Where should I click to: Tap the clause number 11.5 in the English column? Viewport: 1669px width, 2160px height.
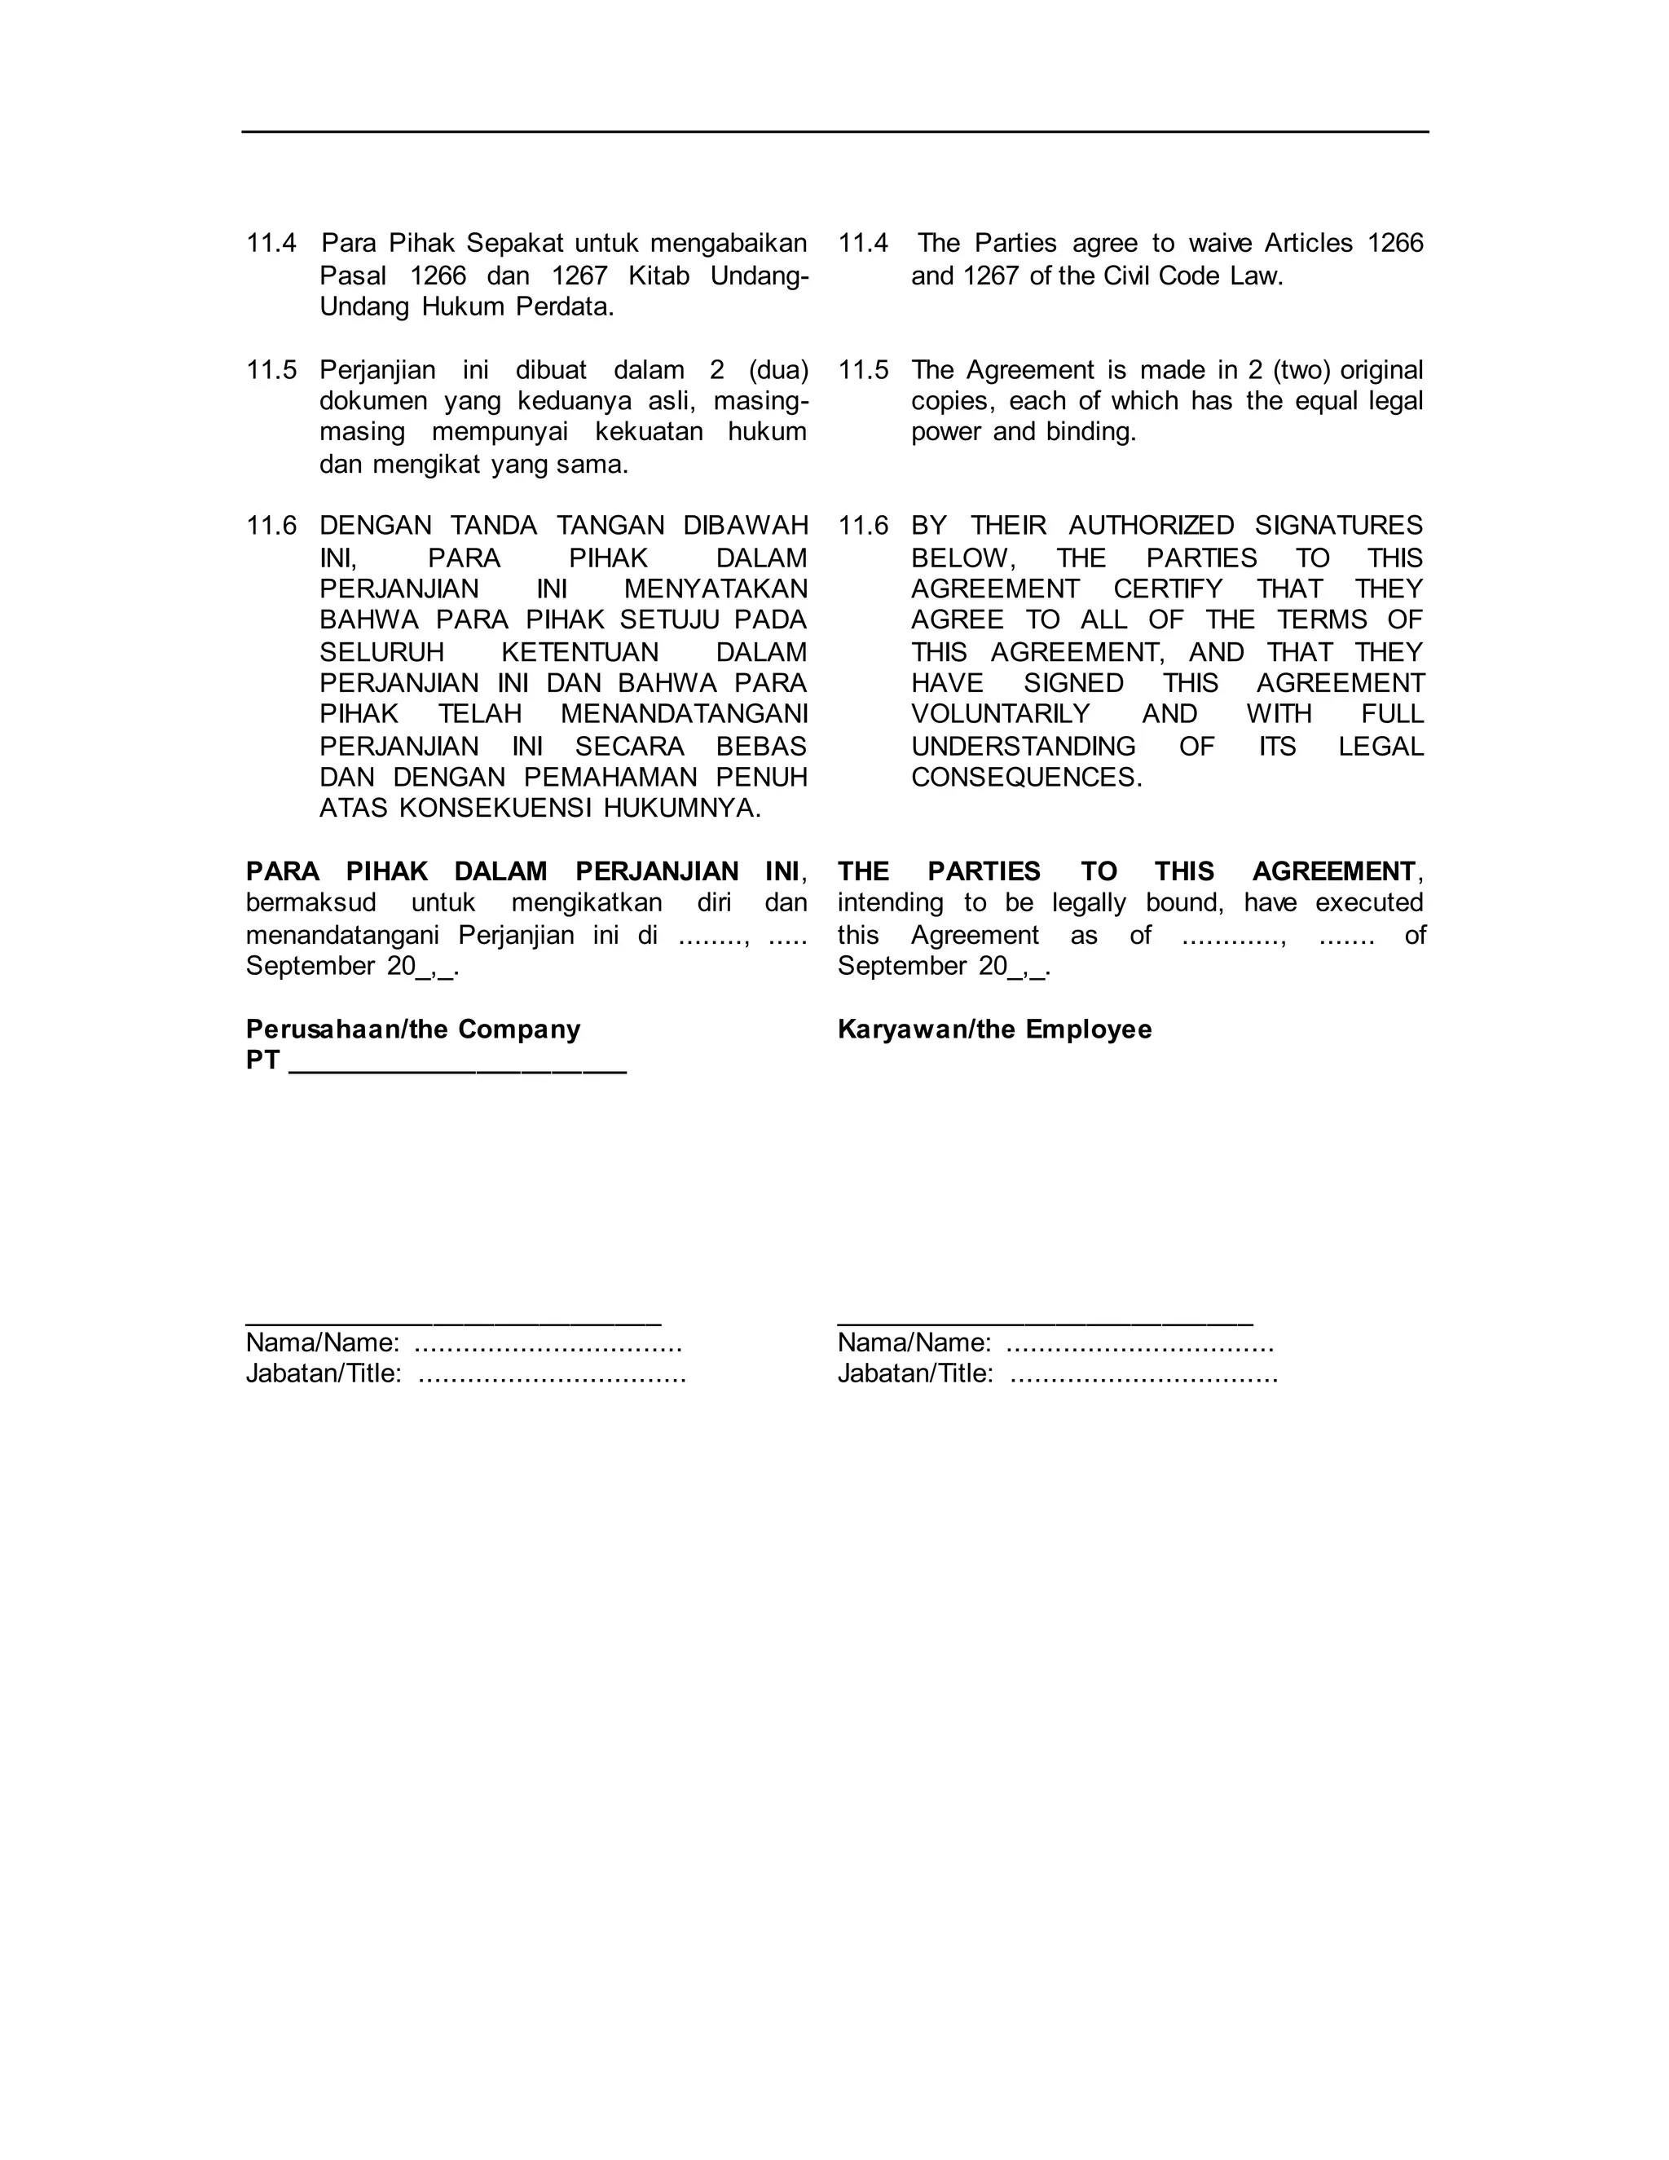click(x=862, y=371)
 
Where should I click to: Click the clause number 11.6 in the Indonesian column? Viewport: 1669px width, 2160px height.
click(x=271, y=527)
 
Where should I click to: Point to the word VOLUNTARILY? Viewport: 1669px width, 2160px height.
click(x=1000, y=714)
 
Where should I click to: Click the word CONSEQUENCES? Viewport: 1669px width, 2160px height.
click(x=1025, y=778)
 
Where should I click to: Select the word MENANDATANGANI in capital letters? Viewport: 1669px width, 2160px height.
click(x=683, y=714)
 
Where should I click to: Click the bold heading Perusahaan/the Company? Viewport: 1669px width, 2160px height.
click(x=413, y=1029)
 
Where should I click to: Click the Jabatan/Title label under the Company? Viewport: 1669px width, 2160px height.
click(x=324, y=1373)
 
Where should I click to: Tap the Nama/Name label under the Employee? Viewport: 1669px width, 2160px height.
click(x=914, y=1343)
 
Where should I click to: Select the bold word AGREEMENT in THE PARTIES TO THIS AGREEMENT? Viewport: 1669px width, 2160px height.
click(x=1332, y=871)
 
